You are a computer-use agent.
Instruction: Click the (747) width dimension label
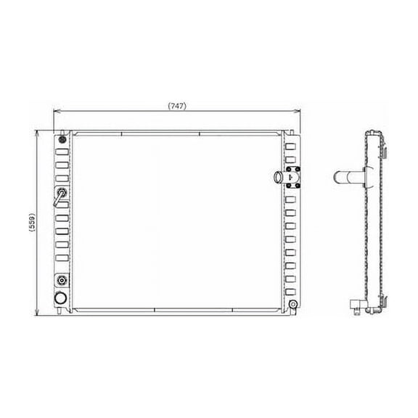pos(177,106)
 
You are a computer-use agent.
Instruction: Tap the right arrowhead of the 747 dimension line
pos(297,112)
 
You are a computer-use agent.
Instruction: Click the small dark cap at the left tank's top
pos(62,139)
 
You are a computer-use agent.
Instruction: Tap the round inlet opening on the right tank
pos(280,176)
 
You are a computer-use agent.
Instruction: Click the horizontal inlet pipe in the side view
pos(348,176)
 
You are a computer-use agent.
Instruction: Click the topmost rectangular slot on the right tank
pos(291,146)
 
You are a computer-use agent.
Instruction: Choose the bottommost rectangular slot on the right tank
pos(291,291)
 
